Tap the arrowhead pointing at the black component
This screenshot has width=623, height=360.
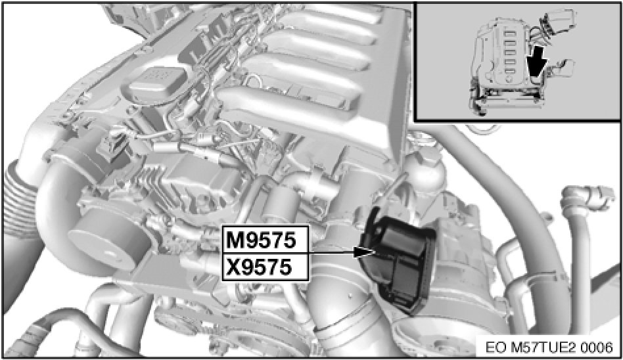pyautogui.click(x=364, y=252)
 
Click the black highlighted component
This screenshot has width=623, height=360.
pyautogui.click(x=398, y=260)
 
